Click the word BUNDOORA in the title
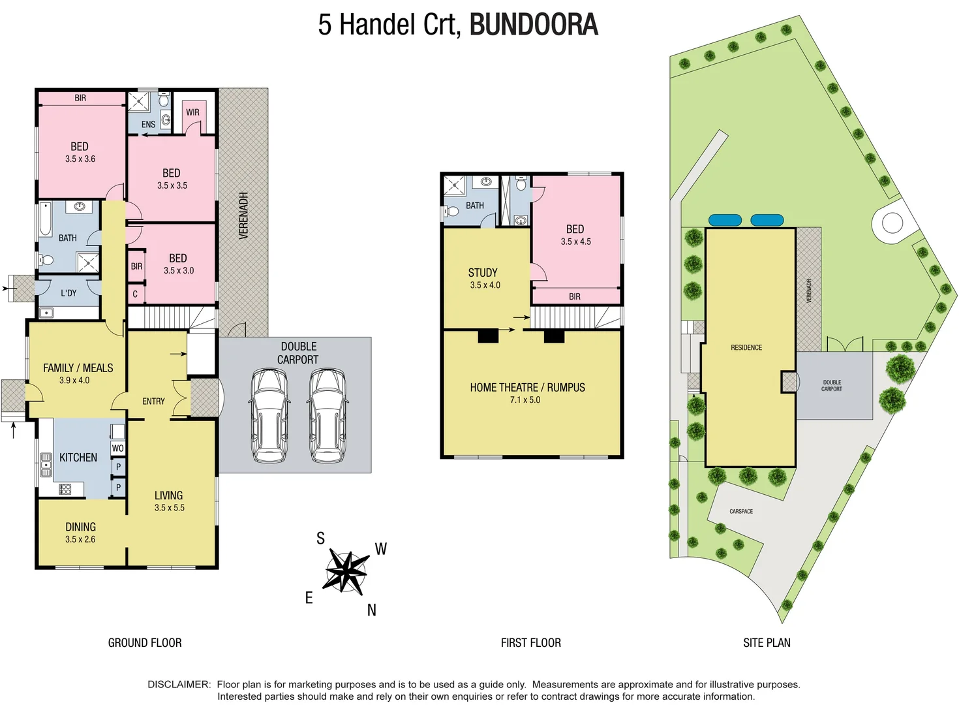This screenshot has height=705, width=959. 533,25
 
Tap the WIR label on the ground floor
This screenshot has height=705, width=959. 192,112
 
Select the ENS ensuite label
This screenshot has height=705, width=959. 148,124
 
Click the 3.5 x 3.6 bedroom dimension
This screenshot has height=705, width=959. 80,159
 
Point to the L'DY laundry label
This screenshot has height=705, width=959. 68,293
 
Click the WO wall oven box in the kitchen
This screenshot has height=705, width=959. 117,448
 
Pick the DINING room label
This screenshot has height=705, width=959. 80,527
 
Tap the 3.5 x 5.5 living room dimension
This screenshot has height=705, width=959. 169,507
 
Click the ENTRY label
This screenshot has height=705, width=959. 153,401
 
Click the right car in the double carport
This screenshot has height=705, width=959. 327,416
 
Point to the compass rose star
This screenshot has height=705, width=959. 345,571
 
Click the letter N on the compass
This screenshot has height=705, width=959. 371,610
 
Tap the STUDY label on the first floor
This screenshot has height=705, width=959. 483,273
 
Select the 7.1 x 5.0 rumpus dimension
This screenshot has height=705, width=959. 525,399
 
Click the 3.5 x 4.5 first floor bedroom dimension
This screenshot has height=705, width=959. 575,242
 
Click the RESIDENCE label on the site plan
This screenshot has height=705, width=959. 746,347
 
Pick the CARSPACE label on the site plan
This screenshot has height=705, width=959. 741,511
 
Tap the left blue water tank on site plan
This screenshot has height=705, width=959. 724,221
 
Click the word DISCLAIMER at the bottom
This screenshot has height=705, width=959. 179,684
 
